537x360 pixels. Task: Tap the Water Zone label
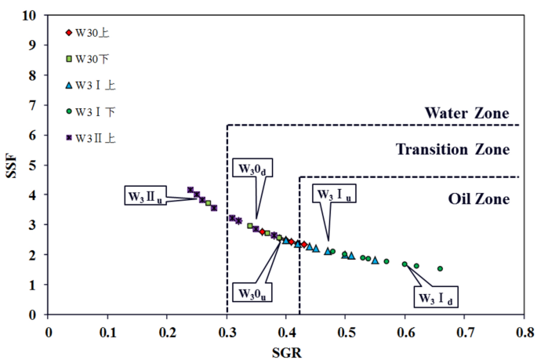466,113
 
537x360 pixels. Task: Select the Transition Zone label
453,149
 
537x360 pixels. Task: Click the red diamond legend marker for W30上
68,33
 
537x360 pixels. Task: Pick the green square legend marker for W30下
68,59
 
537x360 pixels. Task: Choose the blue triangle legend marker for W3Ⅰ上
68,85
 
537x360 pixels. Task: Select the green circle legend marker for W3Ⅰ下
68,111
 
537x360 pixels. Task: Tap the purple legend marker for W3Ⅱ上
68,137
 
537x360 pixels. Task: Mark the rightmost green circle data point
440,268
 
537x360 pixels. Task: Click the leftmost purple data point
190,190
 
